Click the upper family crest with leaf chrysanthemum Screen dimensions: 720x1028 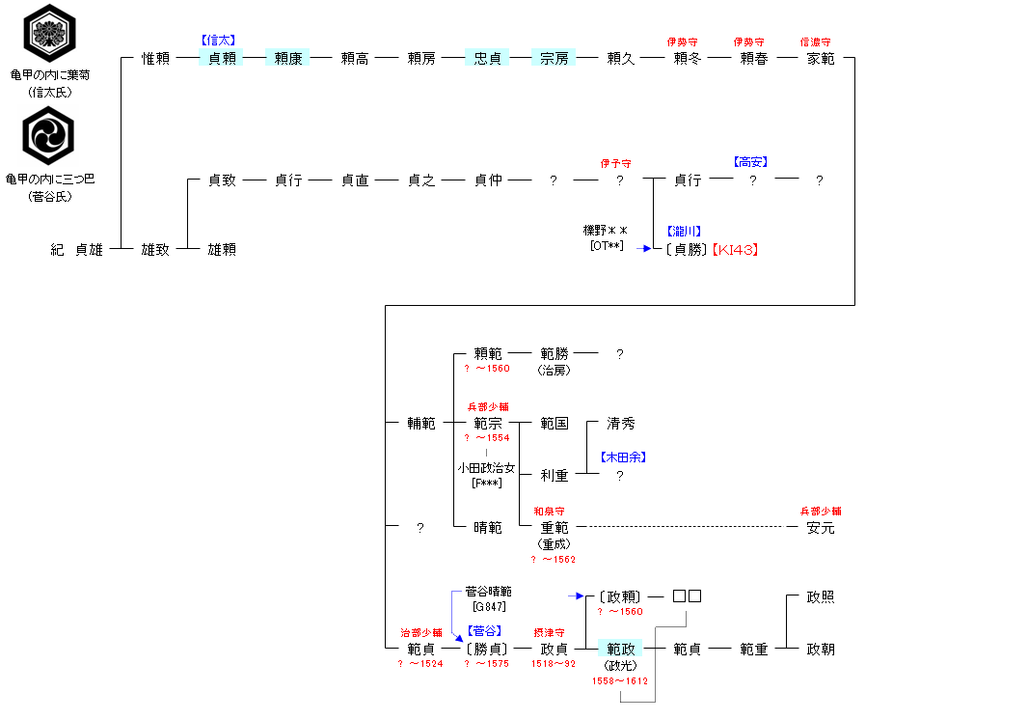(49, 33)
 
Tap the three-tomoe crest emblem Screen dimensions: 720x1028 (49, 136)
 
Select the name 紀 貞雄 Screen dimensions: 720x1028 (76, 249)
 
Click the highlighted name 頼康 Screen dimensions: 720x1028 (287, 58)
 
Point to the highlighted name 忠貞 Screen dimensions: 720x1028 (488, 58)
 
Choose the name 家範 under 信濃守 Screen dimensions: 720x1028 (821, 58)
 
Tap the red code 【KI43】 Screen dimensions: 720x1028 (736, 249)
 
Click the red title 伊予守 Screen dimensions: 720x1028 (621, 163)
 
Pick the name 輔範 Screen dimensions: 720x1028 (421, 423)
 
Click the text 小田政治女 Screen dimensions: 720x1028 (486, 468)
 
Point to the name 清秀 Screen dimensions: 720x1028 (621, 423)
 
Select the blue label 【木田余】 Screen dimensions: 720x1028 (622, 457)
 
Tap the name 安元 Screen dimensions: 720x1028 (821, 527)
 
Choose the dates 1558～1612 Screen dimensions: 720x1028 (620, 681)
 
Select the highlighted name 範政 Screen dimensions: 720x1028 (620, 649)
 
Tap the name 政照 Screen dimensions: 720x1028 (821, 596)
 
